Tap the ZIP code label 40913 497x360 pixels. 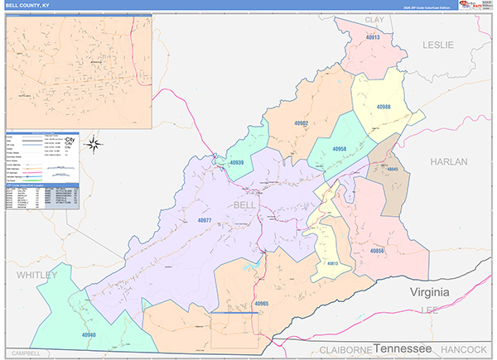(372, 38)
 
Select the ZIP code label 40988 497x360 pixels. (383, 107)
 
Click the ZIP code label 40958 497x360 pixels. (339, 149)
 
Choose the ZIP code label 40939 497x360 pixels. (235, 163)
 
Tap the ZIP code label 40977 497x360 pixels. (205, 220)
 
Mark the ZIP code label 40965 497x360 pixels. (262, 304)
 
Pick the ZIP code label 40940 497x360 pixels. (89, 335)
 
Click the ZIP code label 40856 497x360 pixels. (377, 250)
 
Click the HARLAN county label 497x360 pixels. (449, 161)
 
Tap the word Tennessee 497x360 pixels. (404, 348)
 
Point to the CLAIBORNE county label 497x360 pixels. (335, 350)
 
